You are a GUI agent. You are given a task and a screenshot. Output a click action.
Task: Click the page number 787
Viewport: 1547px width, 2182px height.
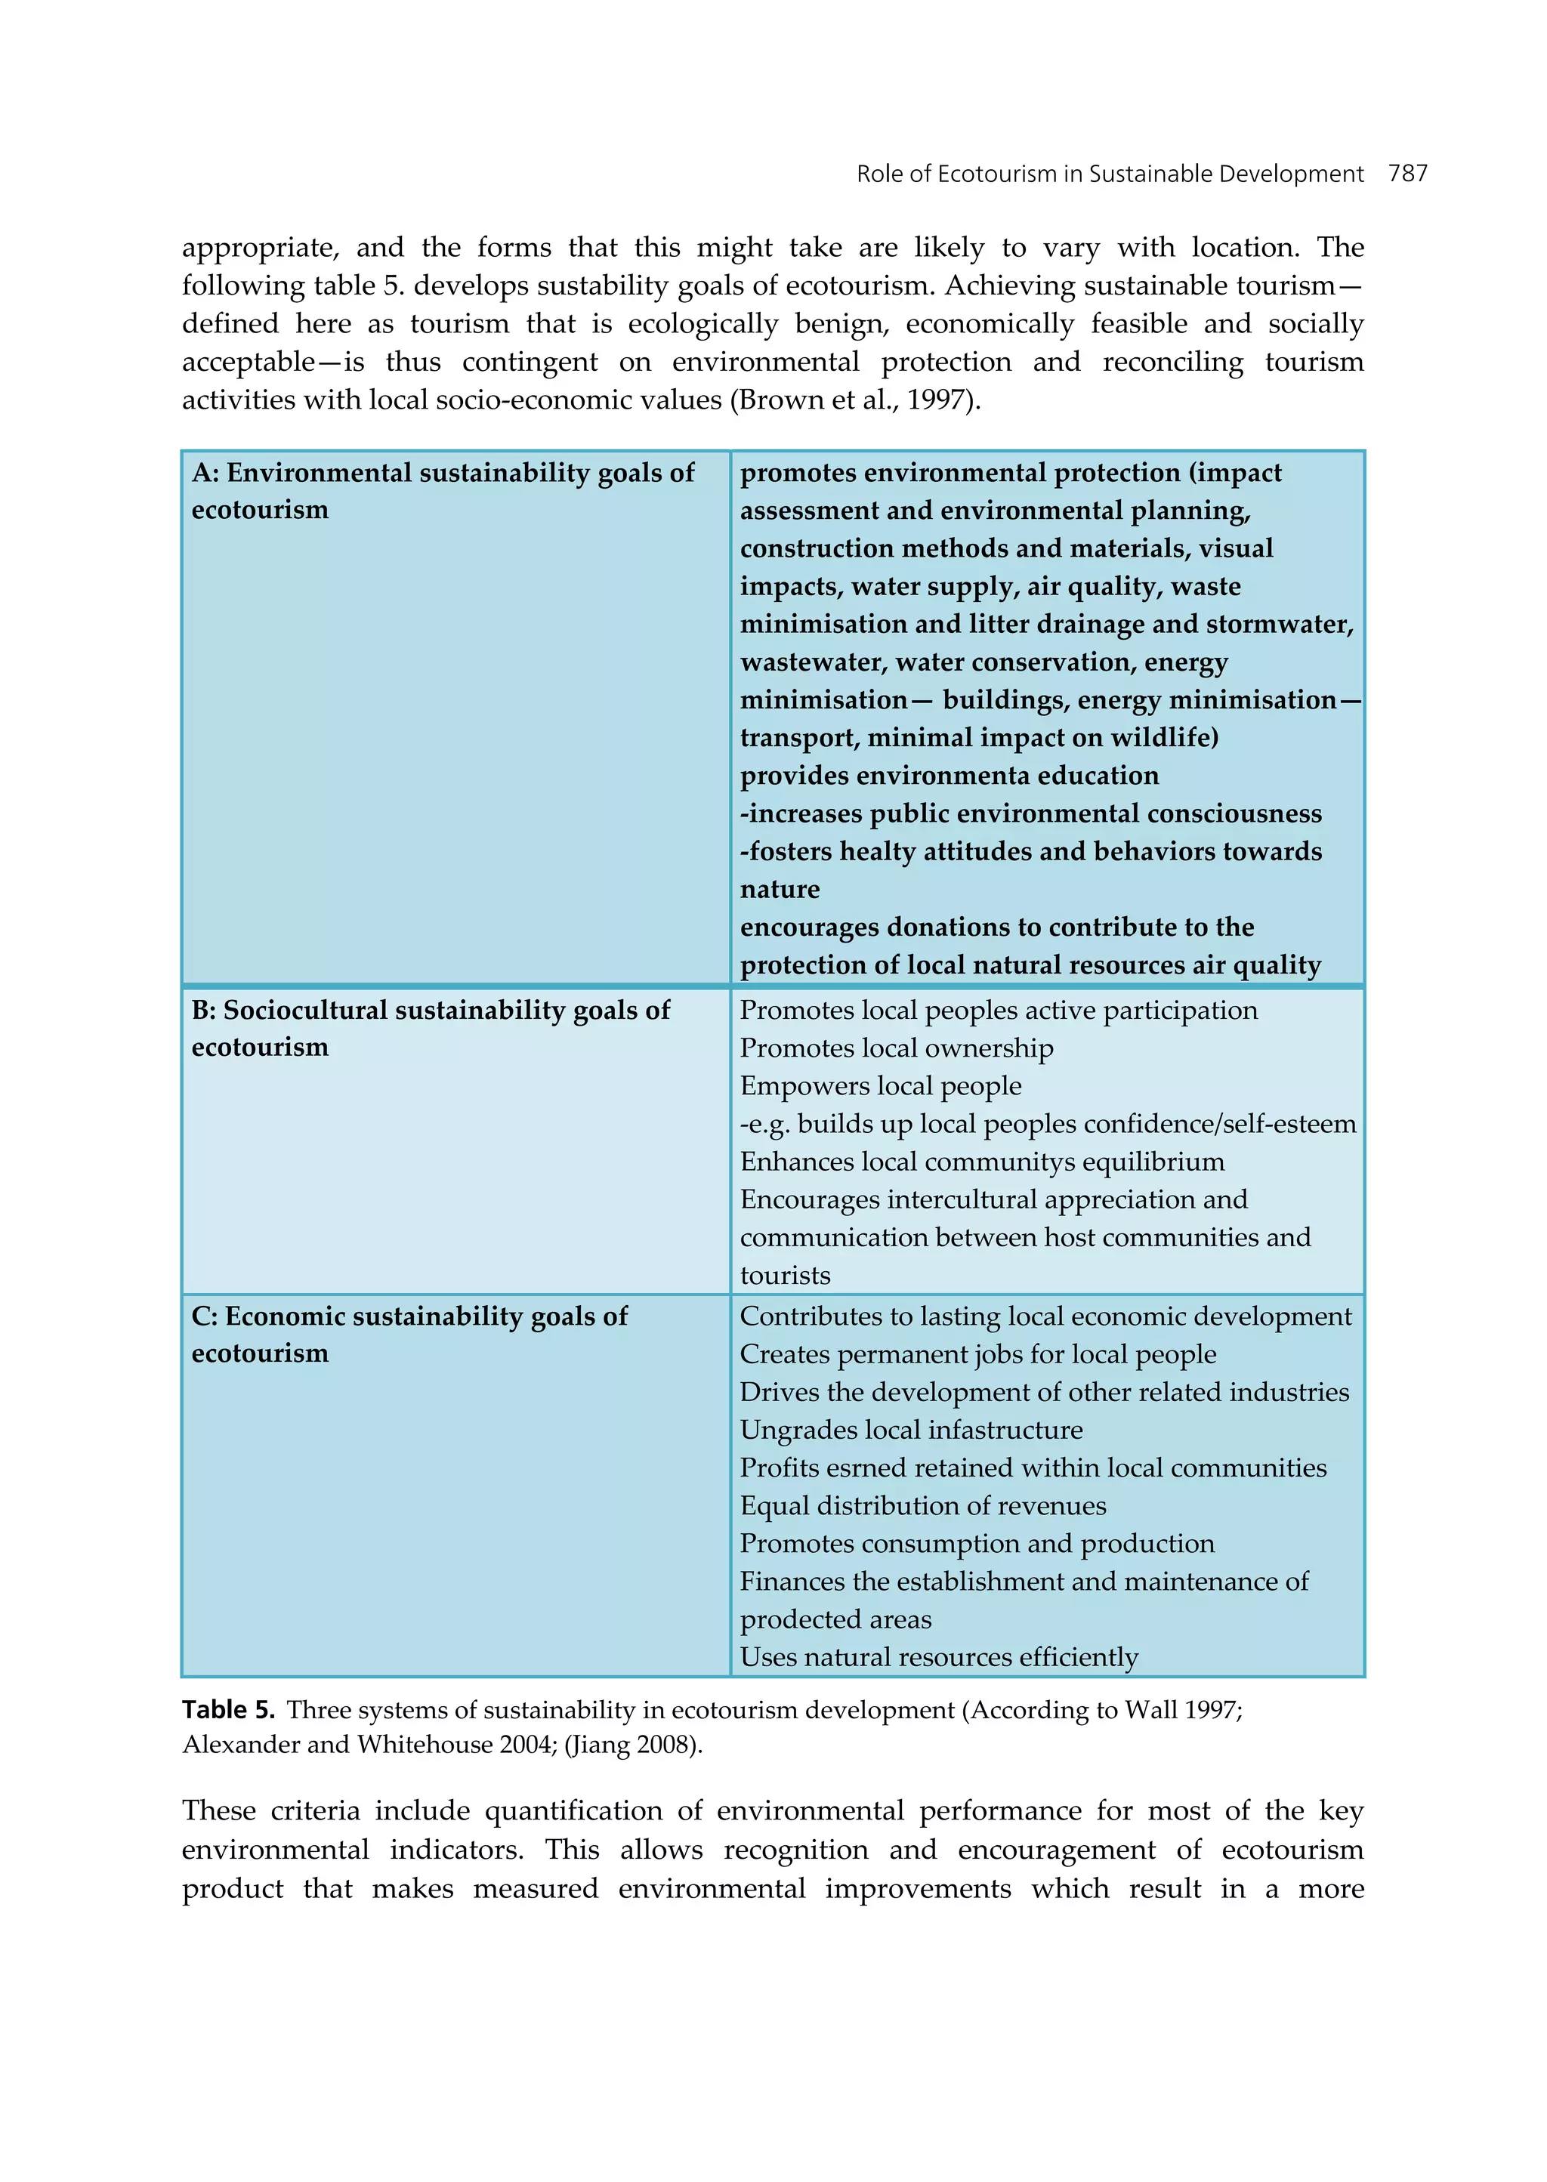[x=1407, y=174]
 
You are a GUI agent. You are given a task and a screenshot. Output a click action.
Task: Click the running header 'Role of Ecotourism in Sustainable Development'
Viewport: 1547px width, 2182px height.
[x=1109, y=174]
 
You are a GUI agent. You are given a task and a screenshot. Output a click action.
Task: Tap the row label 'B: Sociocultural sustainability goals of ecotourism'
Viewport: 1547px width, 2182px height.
[x=430, y=1028]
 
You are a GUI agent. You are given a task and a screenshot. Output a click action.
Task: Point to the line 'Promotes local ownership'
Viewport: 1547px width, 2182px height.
[x=897, y=1048]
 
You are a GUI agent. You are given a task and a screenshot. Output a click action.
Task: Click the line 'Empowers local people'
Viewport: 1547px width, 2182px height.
[x=880, y=1086]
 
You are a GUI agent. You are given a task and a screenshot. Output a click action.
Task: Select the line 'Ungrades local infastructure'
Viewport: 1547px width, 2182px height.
[x=911, y=1430]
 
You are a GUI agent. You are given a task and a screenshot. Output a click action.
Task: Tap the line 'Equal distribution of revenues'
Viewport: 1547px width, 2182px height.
[x=923, y=1506]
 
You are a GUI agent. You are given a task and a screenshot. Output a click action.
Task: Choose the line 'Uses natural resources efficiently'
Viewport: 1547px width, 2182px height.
[x=938, y=1657]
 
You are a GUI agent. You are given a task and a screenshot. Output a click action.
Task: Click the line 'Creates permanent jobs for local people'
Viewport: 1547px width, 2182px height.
[x=977, y=1353]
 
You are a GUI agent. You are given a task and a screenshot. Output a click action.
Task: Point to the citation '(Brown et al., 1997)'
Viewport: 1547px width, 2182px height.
[x=854, y=400]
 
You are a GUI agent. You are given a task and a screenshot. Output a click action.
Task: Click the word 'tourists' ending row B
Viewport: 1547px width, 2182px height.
[x=785, y=1276]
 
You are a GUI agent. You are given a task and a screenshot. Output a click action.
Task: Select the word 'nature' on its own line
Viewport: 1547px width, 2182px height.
[x=780, y=890]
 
